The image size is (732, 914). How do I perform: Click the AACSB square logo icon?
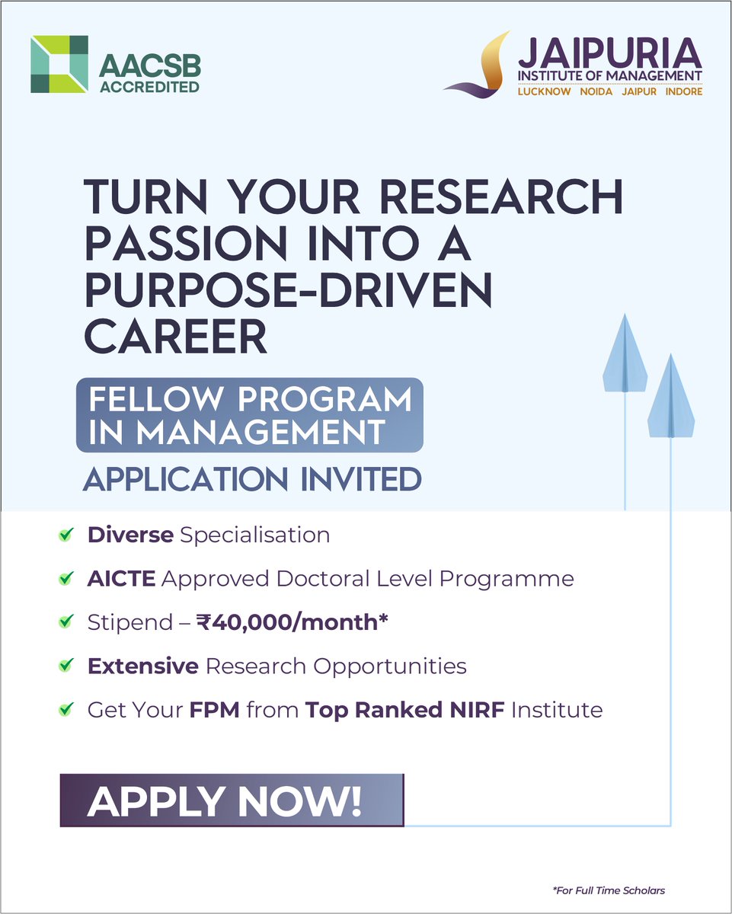pyautogui.click(x=59, y=64)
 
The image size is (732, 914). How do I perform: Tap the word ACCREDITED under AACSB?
pyautogui.click(x=149, y=86)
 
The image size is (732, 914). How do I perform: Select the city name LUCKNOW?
pyautogui.click(x=545, y=91)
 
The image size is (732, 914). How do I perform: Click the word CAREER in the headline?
pyautogui.click(x=176, y=337)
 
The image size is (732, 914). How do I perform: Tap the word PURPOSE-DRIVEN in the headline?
pyautogui.click(x=289, y=292)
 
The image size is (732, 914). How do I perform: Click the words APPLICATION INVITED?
pyautogui.click(x=252, y=479)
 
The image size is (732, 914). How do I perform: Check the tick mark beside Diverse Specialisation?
pyautogui.click(x=66, y=535)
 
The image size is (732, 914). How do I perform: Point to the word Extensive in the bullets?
pyautogui.click(x=143, y=666)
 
